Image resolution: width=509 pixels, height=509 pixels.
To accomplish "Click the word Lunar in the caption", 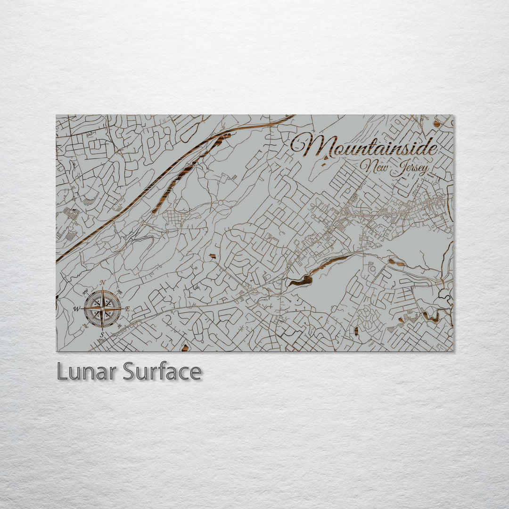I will [x=87, y=372].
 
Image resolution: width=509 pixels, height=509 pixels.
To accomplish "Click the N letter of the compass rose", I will [x=103, y=283].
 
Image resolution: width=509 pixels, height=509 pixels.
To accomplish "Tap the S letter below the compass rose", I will [x=102, y=335].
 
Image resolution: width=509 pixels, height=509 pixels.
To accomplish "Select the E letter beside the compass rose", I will [x=127, y=309].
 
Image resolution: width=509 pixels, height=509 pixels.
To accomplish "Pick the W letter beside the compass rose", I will [x=77, y=309].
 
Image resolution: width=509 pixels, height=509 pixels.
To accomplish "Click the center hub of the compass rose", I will [x=102, y=309].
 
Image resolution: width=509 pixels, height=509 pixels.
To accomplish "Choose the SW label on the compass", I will [x=86, y=326].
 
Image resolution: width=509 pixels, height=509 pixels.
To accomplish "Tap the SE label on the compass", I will [x=119, y=326].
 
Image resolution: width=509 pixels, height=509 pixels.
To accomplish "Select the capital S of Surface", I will [x=129, y=372].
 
